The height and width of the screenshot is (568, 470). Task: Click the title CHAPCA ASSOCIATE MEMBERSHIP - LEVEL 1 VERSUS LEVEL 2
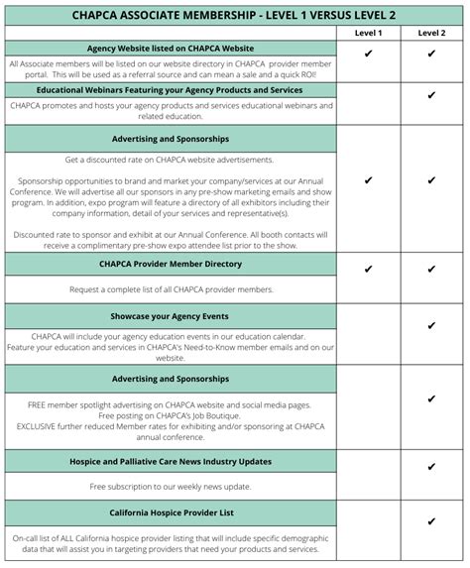(235, 15)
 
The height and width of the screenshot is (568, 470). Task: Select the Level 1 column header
(368, 33)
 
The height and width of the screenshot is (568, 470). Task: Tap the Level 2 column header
(431, 33)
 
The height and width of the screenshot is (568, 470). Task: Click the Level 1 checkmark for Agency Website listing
(368, 55)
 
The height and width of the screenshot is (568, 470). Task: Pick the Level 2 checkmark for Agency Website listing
(431, 55)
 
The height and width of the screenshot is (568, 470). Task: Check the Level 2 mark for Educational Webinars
(431, 96)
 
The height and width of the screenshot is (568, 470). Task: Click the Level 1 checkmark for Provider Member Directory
(368, 269)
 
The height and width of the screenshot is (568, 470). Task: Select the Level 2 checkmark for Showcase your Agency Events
(431, 325)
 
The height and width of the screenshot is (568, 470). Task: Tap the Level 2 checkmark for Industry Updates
(431, 466)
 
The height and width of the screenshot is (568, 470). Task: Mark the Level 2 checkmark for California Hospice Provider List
(431, 521)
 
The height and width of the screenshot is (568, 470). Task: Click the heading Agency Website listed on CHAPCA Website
(171, 48)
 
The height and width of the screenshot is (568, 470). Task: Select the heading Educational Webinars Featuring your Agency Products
(171, 89)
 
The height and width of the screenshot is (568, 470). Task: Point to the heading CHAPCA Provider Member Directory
(171, 264)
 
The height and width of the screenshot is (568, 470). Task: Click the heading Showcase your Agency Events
(171, 315)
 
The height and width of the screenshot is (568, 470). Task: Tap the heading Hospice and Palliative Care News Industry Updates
(171, 461)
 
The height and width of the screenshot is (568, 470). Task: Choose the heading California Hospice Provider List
(171, 512)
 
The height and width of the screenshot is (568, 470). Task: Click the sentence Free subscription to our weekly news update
(171, 487)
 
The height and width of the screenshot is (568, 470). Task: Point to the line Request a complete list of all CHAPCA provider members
(171, 289)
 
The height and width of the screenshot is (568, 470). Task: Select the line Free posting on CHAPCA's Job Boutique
(171, 414)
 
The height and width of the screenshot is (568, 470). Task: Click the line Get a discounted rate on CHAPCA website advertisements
(171, 160)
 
